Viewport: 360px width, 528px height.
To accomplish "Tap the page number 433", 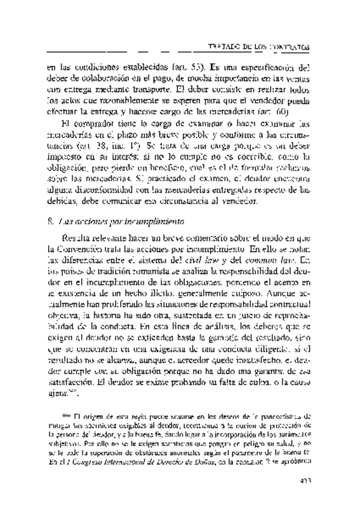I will click(305, 497).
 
